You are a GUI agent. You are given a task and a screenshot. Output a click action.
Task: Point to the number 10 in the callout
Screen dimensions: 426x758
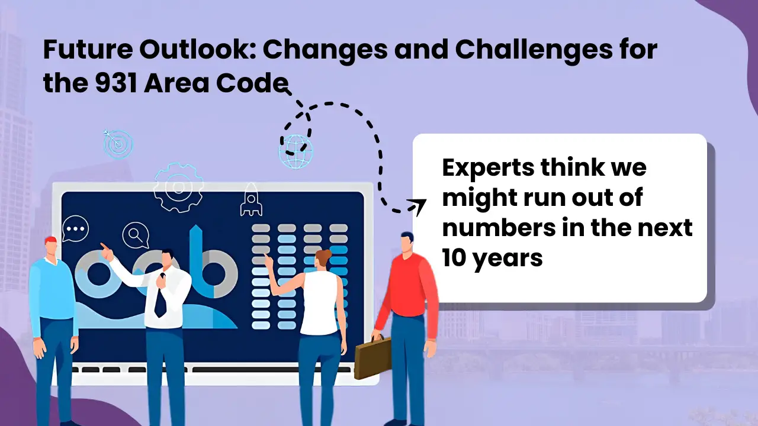click(456, 258)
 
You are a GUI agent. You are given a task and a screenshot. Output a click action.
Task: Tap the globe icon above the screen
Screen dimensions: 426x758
click(296, 151)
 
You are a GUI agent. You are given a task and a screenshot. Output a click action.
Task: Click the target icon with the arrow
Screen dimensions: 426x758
click(117, 143)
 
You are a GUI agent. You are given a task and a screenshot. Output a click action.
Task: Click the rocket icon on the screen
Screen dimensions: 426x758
click(250, 199)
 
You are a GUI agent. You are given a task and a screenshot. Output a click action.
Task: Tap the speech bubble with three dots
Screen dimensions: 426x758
click(75, 228)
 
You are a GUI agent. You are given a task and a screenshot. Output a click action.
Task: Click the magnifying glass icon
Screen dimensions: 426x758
click(136, 235)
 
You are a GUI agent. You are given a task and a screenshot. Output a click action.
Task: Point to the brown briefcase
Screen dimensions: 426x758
click(372, 357)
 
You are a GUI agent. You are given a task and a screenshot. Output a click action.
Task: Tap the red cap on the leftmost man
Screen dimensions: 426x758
click(50, 240)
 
